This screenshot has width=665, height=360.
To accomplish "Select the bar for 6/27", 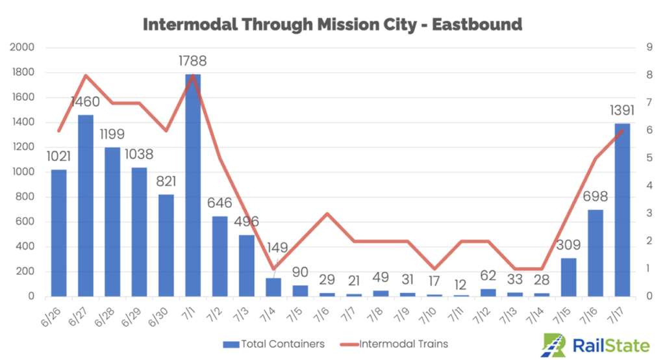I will click(86, 205).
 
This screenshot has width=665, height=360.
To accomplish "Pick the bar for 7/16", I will click(596, 253).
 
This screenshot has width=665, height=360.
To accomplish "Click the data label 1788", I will click(193, 62).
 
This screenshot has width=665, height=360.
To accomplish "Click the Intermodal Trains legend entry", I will click(396, 343).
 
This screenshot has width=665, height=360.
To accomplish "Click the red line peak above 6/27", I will click(86, 75).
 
